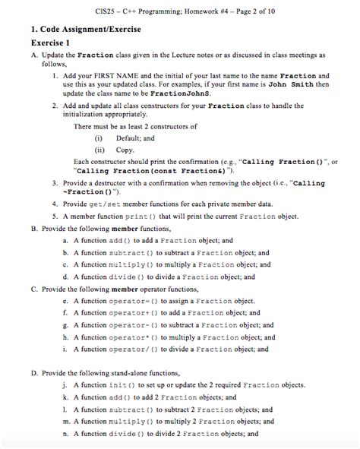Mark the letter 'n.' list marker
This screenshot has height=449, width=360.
tap(67, 434)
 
